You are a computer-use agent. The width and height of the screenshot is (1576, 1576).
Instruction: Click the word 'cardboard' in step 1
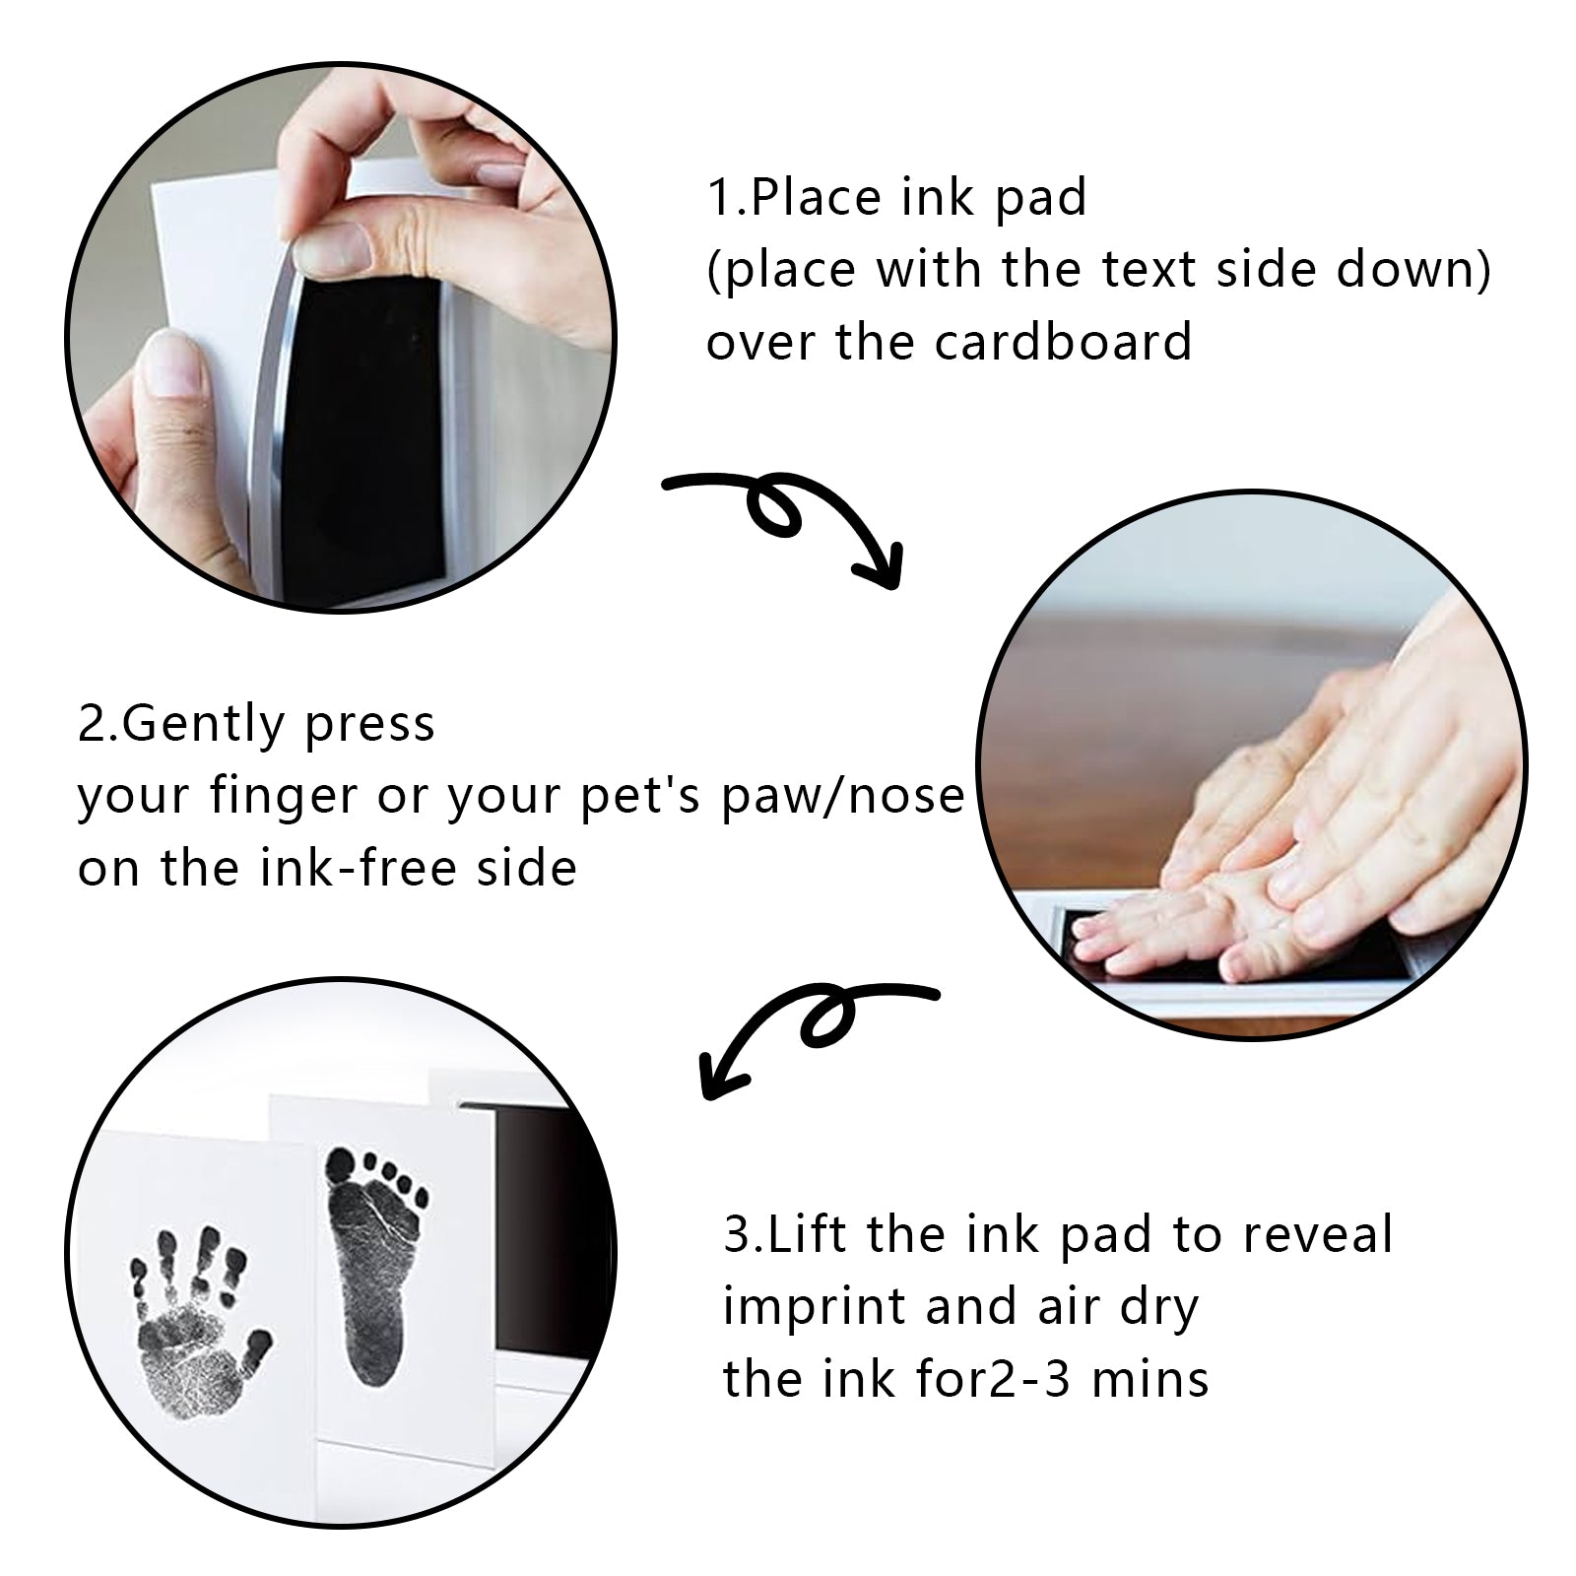tap(1063, 342)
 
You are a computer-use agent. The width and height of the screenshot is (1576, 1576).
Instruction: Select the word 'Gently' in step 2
tap(204, 726)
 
